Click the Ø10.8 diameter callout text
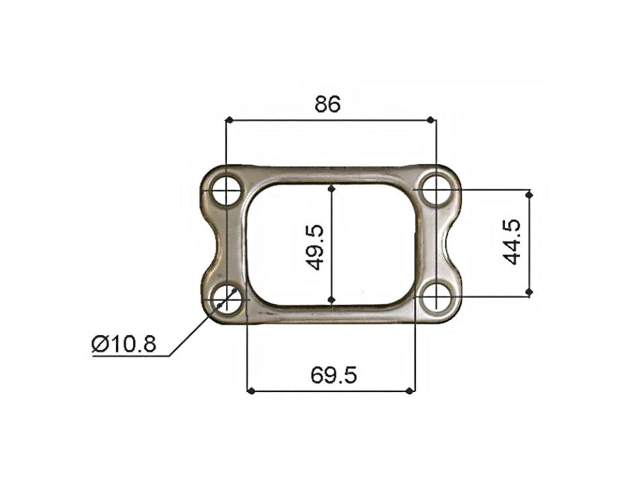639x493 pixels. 124,344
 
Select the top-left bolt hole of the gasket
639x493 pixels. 227,190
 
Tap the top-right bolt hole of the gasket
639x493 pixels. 437,190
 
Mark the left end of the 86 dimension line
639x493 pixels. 229,120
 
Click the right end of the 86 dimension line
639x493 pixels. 433,120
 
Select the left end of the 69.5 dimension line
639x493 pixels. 250,391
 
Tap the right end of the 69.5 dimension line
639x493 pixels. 411,391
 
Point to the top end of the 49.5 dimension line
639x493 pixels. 331,188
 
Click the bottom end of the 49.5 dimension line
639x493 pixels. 331,301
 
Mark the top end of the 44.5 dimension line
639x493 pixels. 529,194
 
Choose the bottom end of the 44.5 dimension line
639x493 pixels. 529,293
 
